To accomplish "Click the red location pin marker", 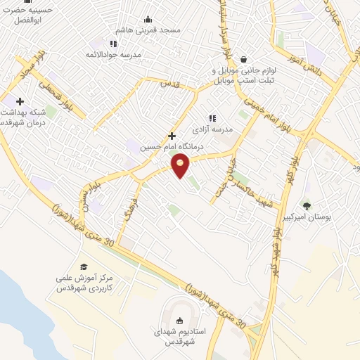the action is point(181,166).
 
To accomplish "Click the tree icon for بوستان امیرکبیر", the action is point(306,205).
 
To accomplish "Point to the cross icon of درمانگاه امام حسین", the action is point(172,136).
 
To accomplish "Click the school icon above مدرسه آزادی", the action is point(212,118).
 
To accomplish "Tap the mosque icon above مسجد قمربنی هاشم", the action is point(148,19).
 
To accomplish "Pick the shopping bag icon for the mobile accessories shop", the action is point(243,59).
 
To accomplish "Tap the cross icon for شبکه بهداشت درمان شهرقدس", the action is point(20,101).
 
